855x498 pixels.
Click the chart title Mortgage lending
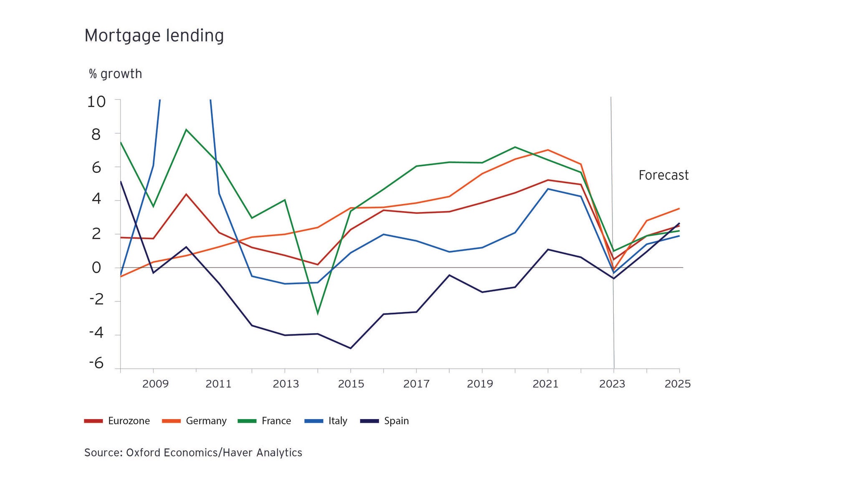[x=154, y=36]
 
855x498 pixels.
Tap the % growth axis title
[x=115, y=74]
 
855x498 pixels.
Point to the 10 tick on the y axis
[x=96, y=101]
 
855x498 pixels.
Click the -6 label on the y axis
[x=96, y=363]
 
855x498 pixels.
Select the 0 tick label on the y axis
[x=96, y=268]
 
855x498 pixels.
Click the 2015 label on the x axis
[x=351, y=384]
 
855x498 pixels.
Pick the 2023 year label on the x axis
[x=612, y=384]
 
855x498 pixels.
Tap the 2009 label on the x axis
[x=155, y=384]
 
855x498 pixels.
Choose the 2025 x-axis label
[x=678, y=384]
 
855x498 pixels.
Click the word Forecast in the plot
[x=663, y=175]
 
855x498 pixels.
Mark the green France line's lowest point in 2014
[x=318, y=313]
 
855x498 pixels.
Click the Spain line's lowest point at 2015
[x=350, y=348]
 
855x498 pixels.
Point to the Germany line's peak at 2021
[x=548, y=150]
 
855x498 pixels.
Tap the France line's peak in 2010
[x=186, y=129]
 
